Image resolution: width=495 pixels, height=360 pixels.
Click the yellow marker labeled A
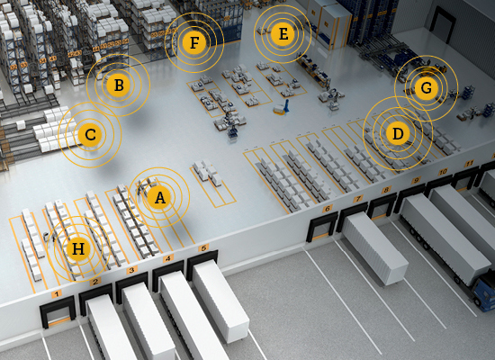click(159, 198)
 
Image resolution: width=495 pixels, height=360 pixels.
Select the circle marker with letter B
click(119, 85)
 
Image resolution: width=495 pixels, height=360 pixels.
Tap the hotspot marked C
click(90, 135)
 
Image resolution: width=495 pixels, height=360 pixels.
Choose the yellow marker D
click(398, 133)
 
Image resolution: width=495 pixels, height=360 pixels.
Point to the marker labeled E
click(283, 34)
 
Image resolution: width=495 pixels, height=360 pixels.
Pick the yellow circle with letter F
click(194, 42)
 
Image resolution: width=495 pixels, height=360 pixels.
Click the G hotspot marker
click(427, 88)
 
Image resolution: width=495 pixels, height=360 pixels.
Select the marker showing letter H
click(78, 248)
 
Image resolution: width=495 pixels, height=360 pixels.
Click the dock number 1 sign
click(57, 294)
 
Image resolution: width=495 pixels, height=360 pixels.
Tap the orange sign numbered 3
click(132, 270)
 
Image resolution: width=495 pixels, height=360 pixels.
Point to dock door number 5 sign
click(203, 247)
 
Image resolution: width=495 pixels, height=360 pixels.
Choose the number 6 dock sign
click(328, 209)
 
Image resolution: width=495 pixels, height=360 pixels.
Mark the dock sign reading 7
click(357, 199)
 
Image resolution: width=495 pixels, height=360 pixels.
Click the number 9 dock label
click(416, 180)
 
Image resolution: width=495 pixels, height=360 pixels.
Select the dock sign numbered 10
click(443, 172)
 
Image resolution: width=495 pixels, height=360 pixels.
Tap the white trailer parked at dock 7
click(374, 247)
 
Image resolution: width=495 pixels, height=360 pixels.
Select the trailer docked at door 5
click(220, 300)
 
